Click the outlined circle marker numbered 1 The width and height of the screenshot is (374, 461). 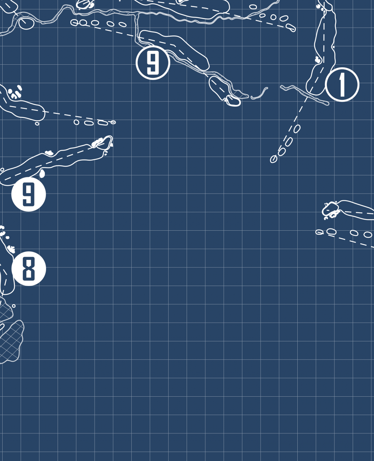pyautogui.click(x=342, y=84)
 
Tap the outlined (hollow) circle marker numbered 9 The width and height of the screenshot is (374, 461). pyautogui.click(x=153, y=62)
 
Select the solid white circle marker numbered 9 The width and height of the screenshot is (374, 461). pyautogui.click(x=28, y=194)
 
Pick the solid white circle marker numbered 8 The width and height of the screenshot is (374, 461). pyautogui.click(x=28, y=268)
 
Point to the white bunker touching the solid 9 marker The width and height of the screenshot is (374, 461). pyautogui.click(x=42, y=173)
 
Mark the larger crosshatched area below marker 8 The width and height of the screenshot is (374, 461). pyautogui.click(x=11, y=342)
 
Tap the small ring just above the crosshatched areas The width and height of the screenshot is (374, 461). pyautogui.click(x=13, y=306)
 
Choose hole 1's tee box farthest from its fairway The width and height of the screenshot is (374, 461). pyautogui.click(x=273, y=159)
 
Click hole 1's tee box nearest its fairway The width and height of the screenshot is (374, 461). pyautogui.click(x=297, y=129)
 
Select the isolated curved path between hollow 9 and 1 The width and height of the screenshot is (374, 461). pyautogui.click(x=260, y=94)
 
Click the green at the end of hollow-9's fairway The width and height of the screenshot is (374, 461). pyautogui.click(x=233, y=101)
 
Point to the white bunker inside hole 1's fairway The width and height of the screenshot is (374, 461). pyautogui.click(x=318, y=60)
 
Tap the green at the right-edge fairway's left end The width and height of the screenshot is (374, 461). pyautogui.click(x=331, y=209)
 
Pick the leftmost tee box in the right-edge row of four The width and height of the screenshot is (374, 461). pyautogui.click(x=319, y=232)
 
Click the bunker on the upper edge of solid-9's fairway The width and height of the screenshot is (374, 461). pyautogui.click(x=49, y=153)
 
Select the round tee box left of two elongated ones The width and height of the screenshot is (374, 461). pyautogui.click(x=76, y=122)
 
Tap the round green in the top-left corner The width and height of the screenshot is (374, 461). pyautogui.click(x=27, y=23)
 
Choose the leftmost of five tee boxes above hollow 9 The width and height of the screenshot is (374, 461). pyautogui.click(x=74, y=22)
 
